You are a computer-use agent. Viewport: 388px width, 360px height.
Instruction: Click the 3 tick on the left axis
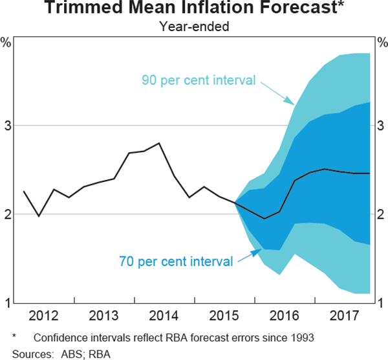[x=7, y=125]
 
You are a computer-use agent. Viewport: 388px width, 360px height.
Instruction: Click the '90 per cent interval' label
[x=199, y=80]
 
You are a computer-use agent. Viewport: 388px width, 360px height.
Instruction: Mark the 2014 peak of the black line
[x=159, y=143]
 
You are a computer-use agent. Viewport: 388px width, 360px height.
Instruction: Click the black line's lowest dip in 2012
[x=38, y=216]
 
